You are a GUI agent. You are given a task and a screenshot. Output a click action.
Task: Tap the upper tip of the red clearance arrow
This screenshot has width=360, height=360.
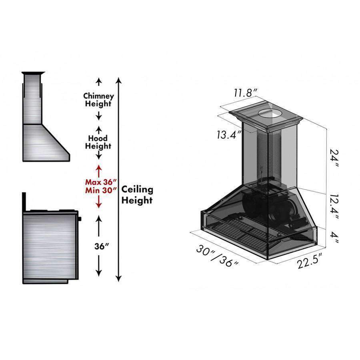99,165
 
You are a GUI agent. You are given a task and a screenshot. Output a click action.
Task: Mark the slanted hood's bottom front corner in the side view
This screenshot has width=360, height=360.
69,161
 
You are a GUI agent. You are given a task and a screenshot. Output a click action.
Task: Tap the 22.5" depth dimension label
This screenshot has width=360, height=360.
310,260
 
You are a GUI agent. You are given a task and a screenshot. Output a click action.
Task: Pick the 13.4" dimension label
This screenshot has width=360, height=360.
229,134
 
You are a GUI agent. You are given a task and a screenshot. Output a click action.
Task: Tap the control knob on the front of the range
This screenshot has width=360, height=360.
80,219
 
